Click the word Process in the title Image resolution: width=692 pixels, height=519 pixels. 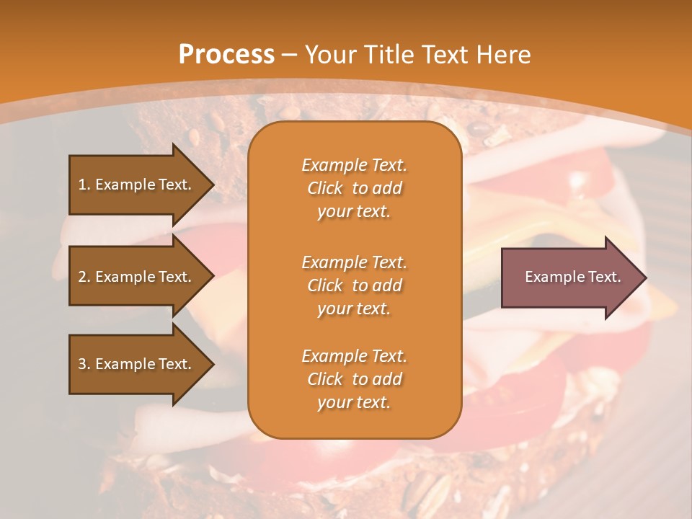coord(226,55)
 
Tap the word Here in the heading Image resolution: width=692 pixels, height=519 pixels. coord(502,55)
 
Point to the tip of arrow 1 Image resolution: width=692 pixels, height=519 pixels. coord(212,185)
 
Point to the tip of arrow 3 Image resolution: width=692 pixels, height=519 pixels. coord(212,364)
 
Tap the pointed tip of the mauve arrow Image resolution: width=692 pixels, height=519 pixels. coord(644,278)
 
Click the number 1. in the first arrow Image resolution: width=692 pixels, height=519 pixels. coord(84,185)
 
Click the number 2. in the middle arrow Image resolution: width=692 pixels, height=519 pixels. coord(84,277)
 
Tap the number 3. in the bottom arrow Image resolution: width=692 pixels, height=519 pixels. coord(84,364)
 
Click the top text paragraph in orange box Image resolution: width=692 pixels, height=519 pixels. coord(354,188)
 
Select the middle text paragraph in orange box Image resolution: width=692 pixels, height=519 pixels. coord(354,285)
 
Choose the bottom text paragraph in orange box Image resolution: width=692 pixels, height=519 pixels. coord(354,379)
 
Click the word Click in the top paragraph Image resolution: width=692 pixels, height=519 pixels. coord(325,189)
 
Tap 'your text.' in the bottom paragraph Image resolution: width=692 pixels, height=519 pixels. coord(354,403)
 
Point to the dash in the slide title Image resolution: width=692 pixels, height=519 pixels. coord(290,55)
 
